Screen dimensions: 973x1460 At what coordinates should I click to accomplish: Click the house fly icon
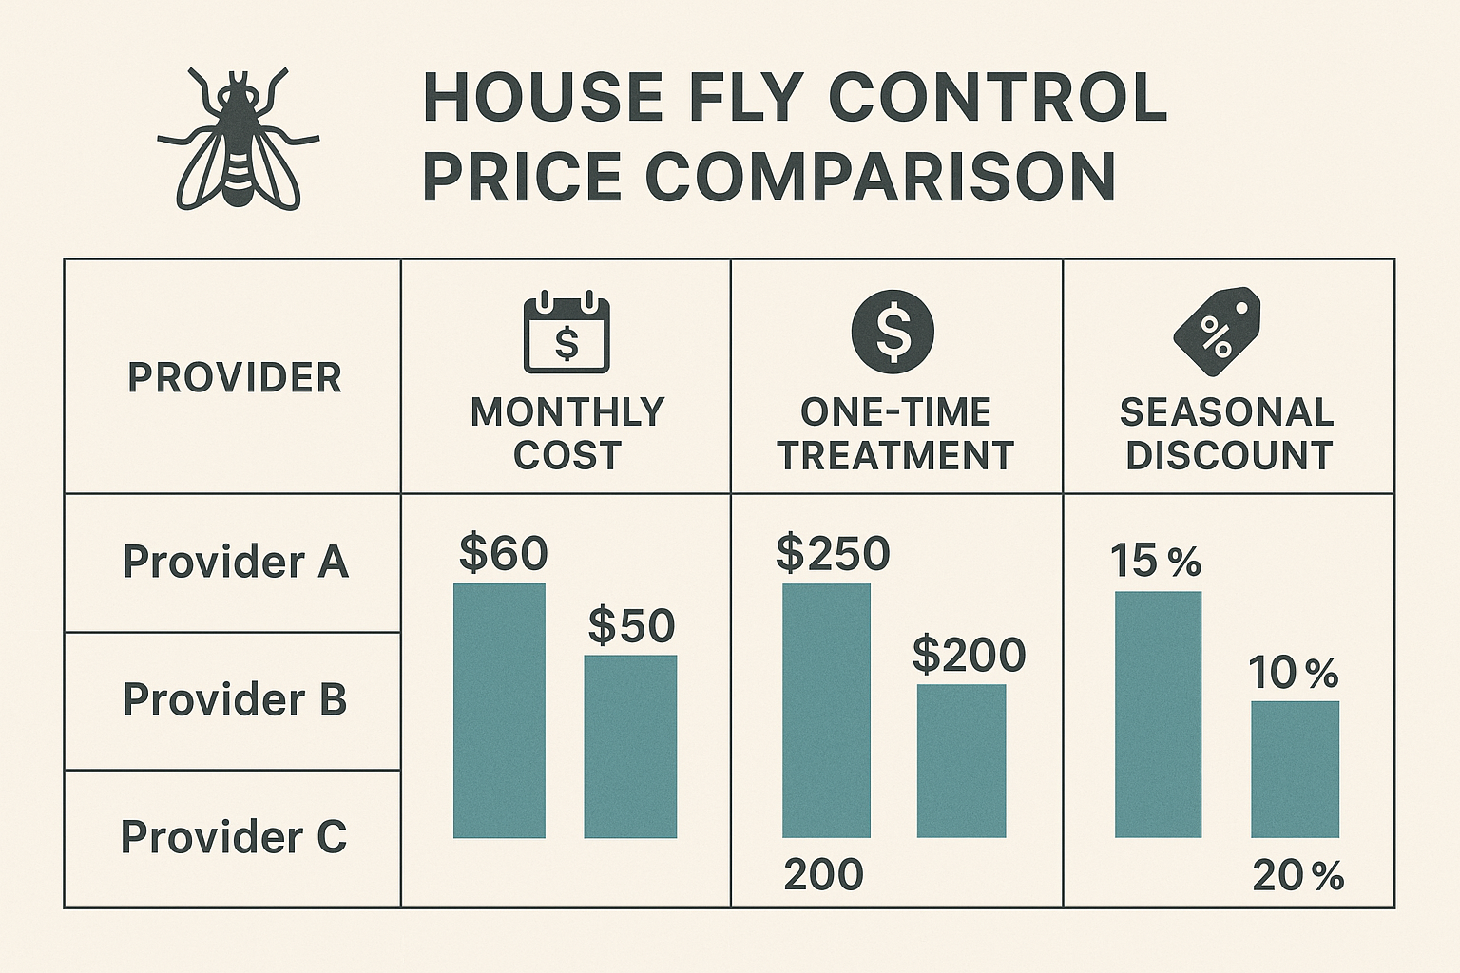[x=238, y=140]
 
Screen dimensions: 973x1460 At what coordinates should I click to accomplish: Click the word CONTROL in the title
[x=997, y=97]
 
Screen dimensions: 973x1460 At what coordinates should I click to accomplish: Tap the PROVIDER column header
[x=235, y=377]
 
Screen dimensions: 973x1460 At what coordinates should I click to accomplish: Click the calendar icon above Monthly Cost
[x=567, y=333]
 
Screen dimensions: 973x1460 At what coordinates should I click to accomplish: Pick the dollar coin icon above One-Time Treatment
[x=893, y=332]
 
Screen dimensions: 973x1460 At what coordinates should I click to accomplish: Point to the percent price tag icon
[x=1217, y=331]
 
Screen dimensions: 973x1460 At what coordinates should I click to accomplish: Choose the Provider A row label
[x=235, y=562]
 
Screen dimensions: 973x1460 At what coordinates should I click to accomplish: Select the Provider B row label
[x=235, y=699]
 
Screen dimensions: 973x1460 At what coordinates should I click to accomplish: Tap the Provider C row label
[x=234, y=837]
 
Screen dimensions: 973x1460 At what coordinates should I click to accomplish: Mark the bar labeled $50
[x=630, y=747]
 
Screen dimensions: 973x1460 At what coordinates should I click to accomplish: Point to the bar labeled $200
[x=961, y=761]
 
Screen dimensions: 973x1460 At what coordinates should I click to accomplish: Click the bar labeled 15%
[x=1158, y=715]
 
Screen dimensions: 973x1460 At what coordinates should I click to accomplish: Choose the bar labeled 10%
[x=1295, y=770]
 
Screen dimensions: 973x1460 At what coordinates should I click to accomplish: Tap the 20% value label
[x=1297, y=876]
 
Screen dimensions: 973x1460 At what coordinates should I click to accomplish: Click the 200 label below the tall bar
[x=823, y=875]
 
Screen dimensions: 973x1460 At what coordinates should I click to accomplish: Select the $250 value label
[x=833, y=553]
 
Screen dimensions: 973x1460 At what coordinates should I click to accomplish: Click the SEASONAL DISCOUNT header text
[x=1227, y=434]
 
